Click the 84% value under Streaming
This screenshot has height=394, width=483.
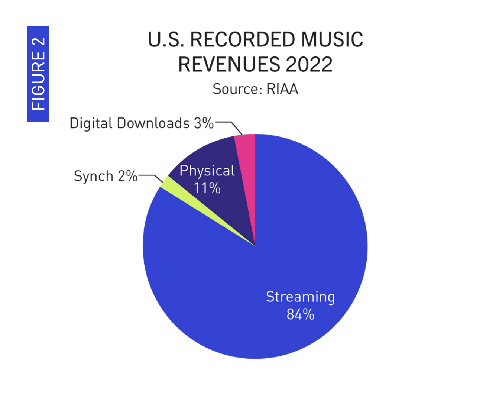tap(300, 314)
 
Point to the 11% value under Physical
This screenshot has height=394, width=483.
tap(207, 188)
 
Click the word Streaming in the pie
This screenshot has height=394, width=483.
tap(300, 297)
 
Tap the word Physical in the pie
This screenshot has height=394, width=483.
tap(207, 171)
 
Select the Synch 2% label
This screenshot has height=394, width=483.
tap(106, 176)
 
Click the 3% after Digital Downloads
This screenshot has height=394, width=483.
tap(204, 123)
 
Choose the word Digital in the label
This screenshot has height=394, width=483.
tap(91, 123)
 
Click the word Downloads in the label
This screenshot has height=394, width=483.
tap(153, 123)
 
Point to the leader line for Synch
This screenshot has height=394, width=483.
tap(150, 176)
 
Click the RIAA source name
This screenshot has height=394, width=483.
tap(282, 89)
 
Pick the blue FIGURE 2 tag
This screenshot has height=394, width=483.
tap(38, 74)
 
